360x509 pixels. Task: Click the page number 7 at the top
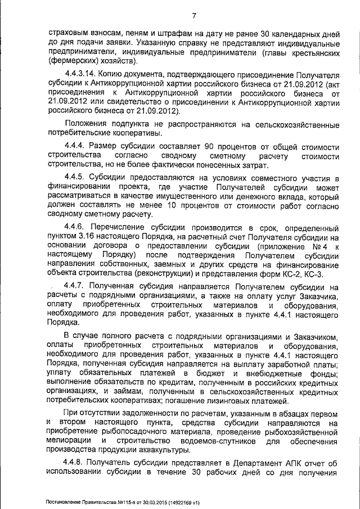[193, 16]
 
